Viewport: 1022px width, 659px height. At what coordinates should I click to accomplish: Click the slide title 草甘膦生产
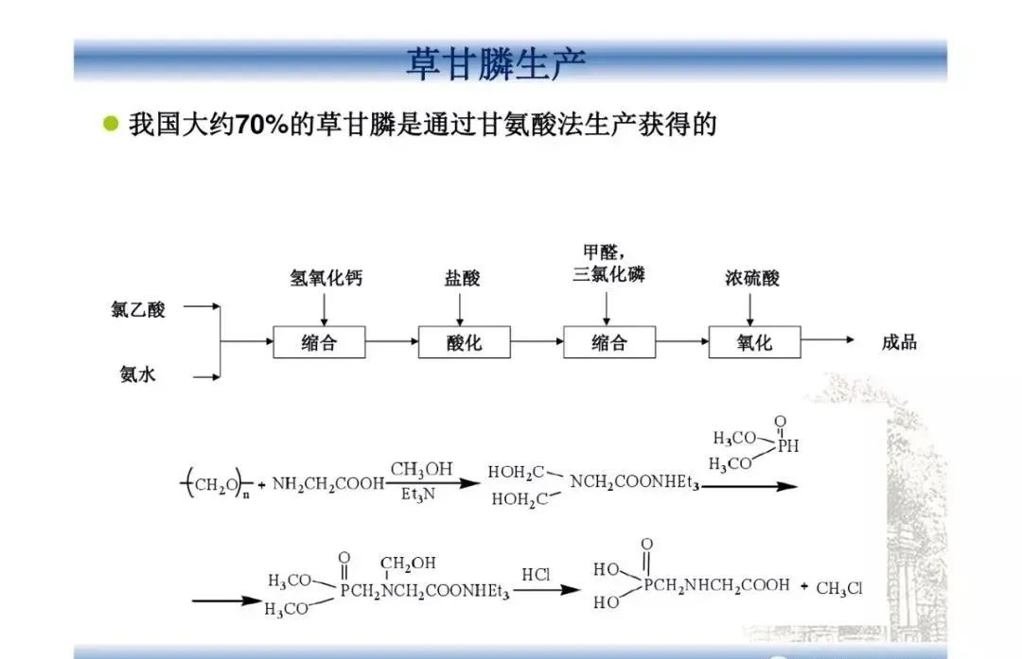click(x=496, y=64)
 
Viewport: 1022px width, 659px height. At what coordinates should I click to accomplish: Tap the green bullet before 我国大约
click(x=112, y=125)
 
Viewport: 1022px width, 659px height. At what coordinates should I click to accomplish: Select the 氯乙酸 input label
click(x=138, y=308)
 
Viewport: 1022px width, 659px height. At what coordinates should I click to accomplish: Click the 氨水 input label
click(x=138, y=375)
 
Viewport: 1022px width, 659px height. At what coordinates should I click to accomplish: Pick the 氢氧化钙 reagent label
click(x=326, y=278)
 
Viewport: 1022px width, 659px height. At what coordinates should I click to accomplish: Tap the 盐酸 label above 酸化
click(x=463, y=278)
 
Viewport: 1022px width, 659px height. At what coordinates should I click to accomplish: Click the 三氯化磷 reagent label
click(x=608, y=275)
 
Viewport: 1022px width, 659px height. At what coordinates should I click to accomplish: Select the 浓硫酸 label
click(x=752, y=278)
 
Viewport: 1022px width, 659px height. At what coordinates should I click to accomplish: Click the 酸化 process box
click(x=464, y=341)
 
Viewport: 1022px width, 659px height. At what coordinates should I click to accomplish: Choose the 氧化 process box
click(x=754, y=341)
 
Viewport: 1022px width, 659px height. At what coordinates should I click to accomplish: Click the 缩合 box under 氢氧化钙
click(x=319, y=341)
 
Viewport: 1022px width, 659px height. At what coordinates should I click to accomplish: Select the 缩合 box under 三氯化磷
click(x=608, y=341)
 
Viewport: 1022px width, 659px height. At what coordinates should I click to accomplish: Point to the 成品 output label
click(x=899, y=342)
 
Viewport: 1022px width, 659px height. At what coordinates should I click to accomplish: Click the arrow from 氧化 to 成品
click(x=828, y=340)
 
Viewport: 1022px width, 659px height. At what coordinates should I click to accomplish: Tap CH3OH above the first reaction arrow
click(x=421, y=470)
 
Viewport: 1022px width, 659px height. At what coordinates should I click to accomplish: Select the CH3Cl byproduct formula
click(x=838, y=589)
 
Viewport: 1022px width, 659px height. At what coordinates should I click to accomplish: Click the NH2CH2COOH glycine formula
click(x=328, y=484)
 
